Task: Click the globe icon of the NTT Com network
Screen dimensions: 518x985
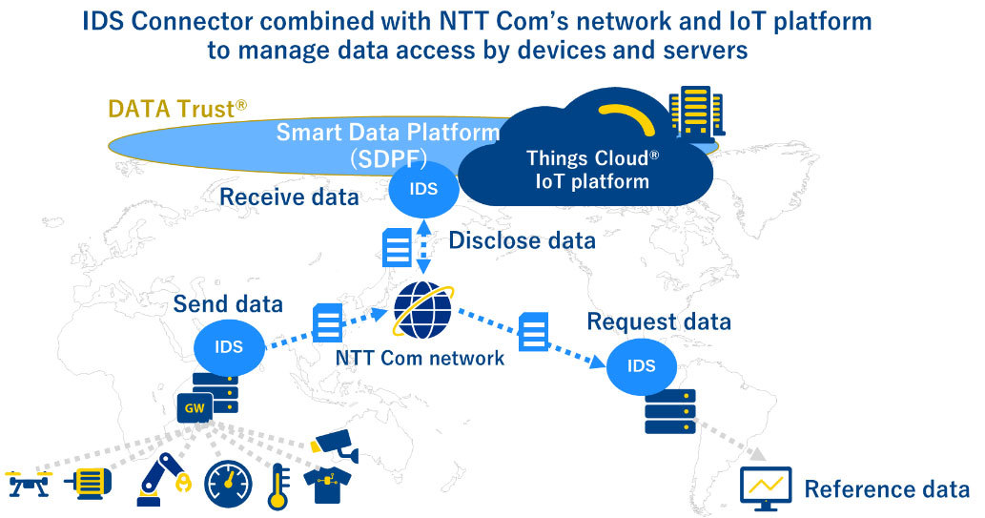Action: pyautogui.click(x=424, y=309)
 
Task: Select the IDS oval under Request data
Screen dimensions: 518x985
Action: pyautogui.click(x=641, y=364)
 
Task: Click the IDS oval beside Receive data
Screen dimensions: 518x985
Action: pyautogui.click(x=423, y=189)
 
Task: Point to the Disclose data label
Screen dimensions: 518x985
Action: pyautogui.click(x=522, y=240)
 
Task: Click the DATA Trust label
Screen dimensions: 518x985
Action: pyautogui.click(x=177, y=109)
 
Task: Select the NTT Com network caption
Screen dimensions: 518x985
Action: pyautogui.click(x=420, y=359)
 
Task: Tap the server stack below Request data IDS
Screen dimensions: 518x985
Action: pyautogui.click(x=669, y=411)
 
